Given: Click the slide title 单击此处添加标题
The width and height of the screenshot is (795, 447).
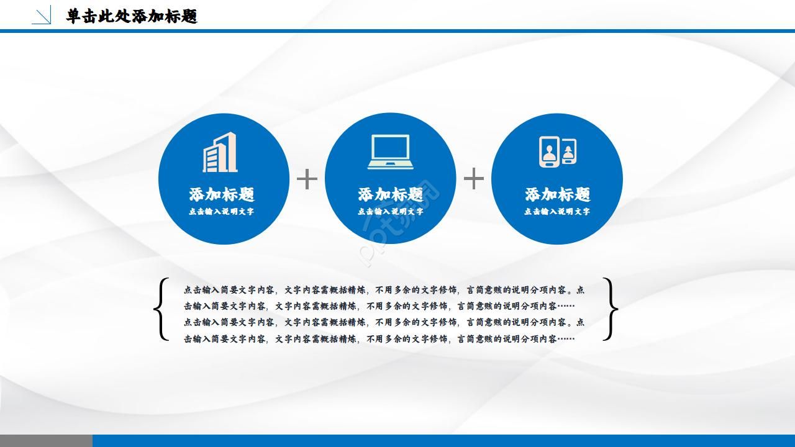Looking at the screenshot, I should (x=132, y=16).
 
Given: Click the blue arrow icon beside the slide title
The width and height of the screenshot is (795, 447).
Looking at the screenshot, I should (x=42, y=16).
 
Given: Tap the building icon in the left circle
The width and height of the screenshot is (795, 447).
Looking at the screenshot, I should (x=220, y=152).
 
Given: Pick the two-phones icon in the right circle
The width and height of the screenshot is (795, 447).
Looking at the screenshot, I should (x=557, y=151).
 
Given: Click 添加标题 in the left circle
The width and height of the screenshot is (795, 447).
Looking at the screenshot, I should (x=222, y=194).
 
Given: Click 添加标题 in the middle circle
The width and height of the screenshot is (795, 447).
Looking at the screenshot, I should (x=390, y=194).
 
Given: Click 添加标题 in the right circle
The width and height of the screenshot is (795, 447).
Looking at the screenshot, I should (x=557, y=194).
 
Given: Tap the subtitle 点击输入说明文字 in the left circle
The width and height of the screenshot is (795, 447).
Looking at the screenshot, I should (x=222, y=212).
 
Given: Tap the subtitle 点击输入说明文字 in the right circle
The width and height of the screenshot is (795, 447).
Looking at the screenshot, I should (x=557, y=212).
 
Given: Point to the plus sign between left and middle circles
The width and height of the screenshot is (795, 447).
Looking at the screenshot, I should (x=307, y=179).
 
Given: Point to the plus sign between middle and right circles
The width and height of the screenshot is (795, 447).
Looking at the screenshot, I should (x=474, y=179).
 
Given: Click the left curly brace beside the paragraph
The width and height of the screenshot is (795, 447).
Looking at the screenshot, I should (x=161, y=309).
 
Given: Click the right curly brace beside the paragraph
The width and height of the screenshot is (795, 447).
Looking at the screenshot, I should (x=611, y=309).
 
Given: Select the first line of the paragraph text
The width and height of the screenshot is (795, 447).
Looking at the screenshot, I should (x=384, y=290).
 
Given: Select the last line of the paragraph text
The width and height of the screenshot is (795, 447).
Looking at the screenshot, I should (x=379, y=339).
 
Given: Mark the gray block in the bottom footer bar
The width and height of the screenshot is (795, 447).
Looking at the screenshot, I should (x=46, y=441).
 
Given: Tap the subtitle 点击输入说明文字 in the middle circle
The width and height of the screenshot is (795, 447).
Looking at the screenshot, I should (x=390, y=212).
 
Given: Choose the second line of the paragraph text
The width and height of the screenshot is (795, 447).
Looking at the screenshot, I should (x=379, y=306).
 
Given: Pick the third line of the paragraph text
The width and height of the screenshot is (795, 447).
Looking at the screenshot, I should (x=384, y=322).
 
